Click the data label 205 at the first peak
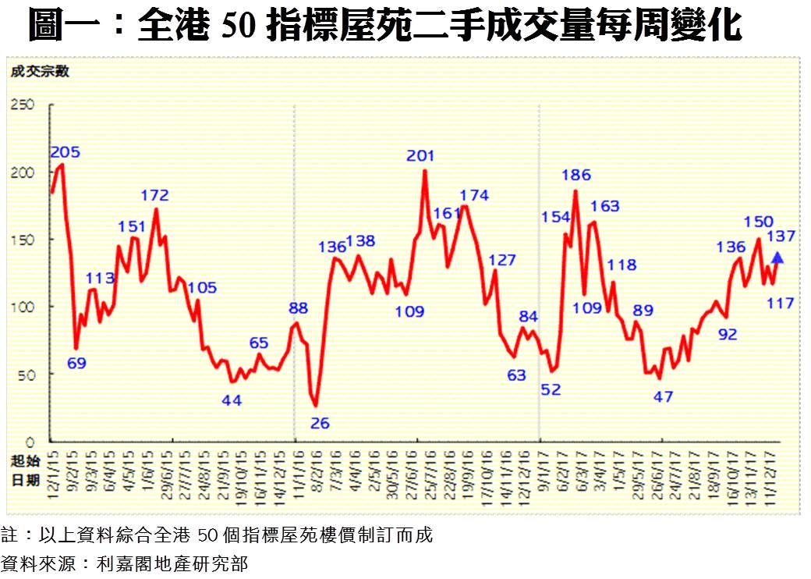(x=66, y=152)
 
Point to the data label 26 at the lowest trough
(x=320, y=424)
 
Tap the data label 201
(x=421, y=156)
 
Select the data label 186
(x=575, y=175)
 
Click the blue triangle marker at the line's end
(x=777, y=258)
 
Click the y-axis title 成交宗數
(x=40, y=72)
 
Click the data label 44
(x=232, y=400)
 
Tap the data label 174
(x=474, y=195)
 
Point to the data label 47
(x=662, y=396)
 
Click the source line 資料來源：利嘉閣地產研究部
(x=125, y=563)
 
